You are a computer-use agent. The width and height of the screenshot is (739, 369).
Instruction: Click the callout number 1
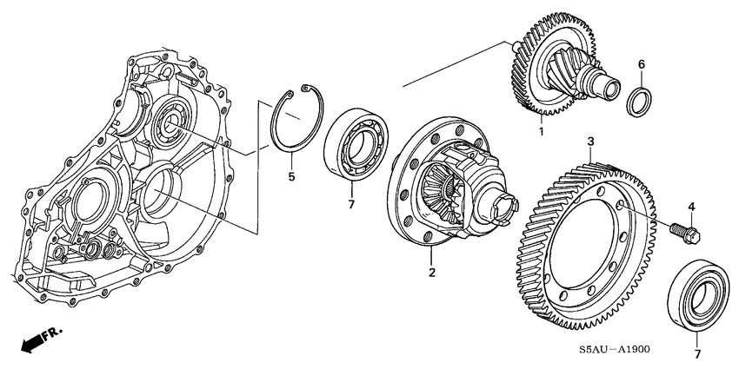(x=540, y=132)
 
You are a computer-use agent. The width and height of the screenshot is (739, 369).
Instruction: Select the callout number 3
(x=590, y=141)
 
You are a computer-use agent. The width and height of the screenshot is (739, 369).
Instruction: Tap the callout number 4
(x=692, y=206)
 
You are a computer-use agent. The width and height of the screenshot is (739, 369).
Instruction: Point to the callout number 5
(x=292, y=177)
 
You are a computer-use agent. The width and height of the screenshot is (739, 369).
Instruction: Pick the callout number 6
(x=641, y=64)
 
